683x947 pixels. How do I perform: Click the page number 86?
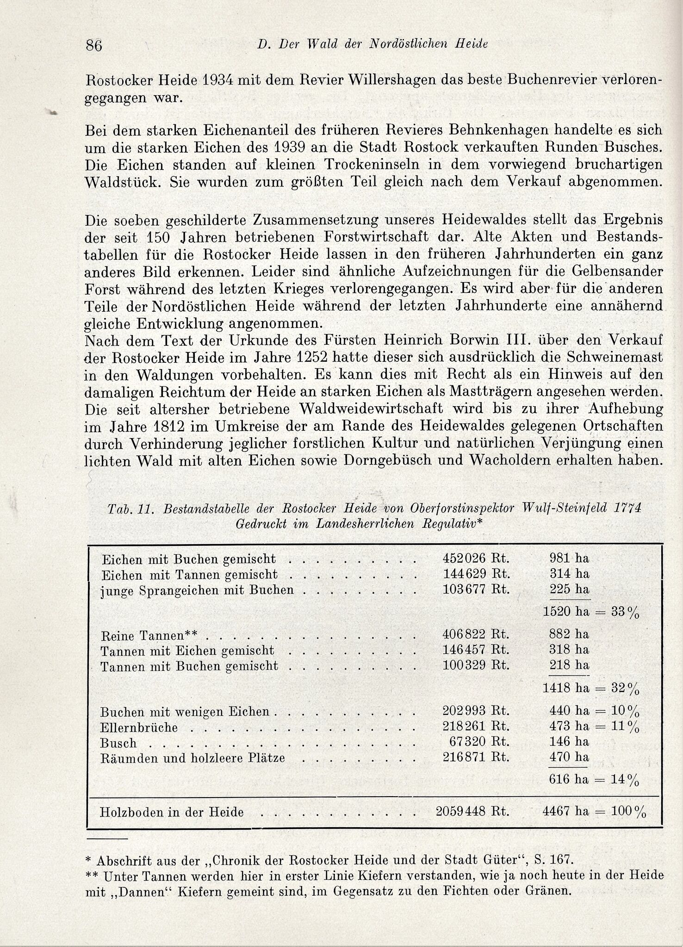click(x=93, y=46)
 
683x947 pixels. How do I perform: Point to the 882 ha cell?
click(x=569, y=634)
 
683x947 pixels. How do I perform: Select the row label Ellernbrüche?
click(x=139, y=728)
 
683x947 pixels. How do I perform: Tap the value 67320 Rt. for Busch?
click(x=479, y=742)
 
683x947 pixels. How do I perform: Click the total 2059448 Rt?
click(x=472, y=811)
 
